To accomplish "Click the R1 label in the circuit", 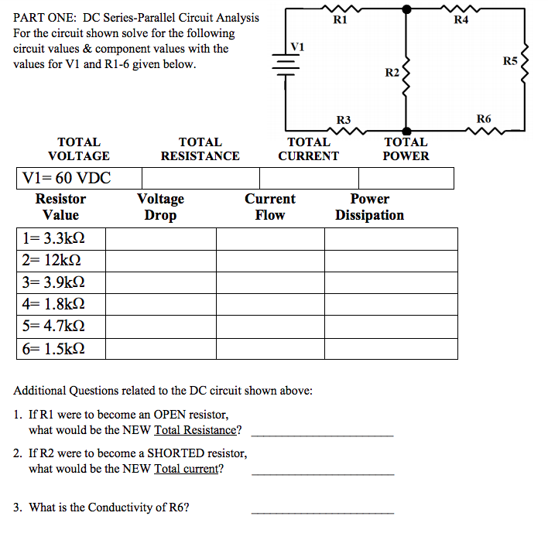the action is (x=339, y=20).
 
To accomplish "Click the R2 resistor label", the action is (x=392, y=73).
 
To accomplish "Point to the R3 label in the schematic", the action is (x=344, y=120).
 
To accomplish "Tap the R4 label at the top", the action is (x=461, y=20).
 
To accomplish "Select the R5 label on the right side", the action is (x=510, y=61).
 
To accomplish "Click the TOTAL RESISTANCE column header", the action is (x=200, y=149).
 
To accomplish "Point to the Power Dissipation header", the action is (x=369, y=207).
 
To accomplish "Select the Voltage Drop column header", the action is (x=160, y=207).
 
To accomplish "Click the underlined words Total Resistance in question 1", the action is (x=194, y=430).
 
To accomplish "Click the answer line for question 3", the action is (x=322, y=512).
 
